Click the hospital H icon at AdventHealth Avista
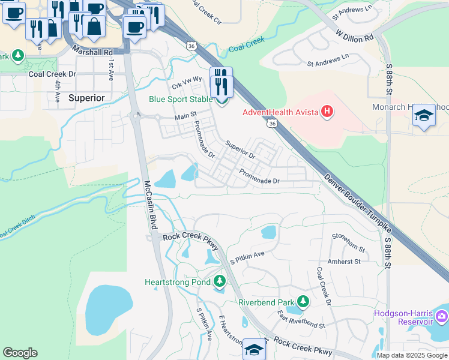click(327, 112)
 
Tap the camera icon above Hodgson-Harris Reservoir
click(442, 316)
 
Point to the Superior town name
click(86, 97)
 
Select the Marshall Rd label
click(92, 52)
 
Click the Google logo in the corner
click(20, 353)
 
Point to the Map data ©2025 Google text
click(412, 355)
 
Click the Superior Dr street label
click(240, 149)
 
